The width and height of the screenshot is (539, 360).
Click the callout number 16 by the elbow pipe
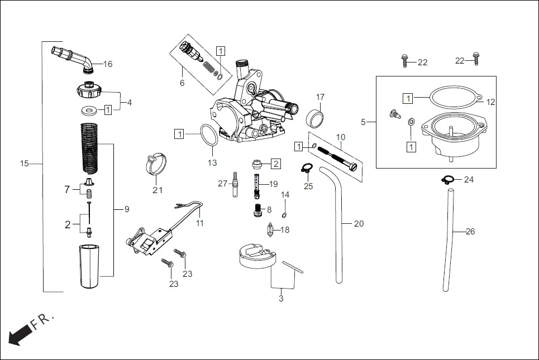click(x=107, y=64)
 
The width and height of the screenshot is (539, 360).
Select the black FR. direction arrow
click(x=20, y=335)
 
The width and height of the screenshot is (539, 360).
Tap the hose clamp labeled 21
click(x=157, y=163)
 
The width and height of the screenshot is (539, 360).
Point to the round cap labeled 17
click(x=317, y=117)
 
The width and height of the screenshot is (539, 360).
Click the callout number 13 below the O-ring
click(x=212, y=163)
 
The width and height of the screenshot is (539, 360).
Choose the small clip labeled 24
click(x=448, y=179)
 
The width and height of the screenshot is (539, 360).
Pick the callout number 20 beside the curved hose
click(x=359, y=224)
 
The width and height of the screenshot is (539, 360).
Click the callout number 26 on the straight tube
click(x=470, y=232)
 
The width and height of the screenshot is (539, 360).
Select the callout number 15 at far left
click(x=24, y=164)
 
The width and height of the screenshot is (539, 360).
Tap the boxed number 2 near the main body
click(x=276, y=164)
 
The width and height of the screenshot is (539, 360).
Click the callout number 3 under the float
click(x=280, y=299)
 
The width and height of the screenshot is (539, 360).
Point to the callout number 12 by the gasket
click(x=490, y=102)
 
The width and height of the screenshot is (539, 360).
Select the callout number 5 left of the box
click(x=363, y=122)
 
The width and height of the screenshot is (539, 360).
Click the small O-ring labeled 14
click(x=285, y=215)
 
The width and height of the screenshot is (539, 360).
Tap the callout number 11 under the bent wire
click(x=200, y=223)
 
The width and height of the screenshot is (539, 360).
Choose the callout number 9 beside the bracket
click(x=127, y=209)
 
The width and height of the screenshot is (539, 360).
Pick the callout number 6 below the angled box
click(x=182, y=83)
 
